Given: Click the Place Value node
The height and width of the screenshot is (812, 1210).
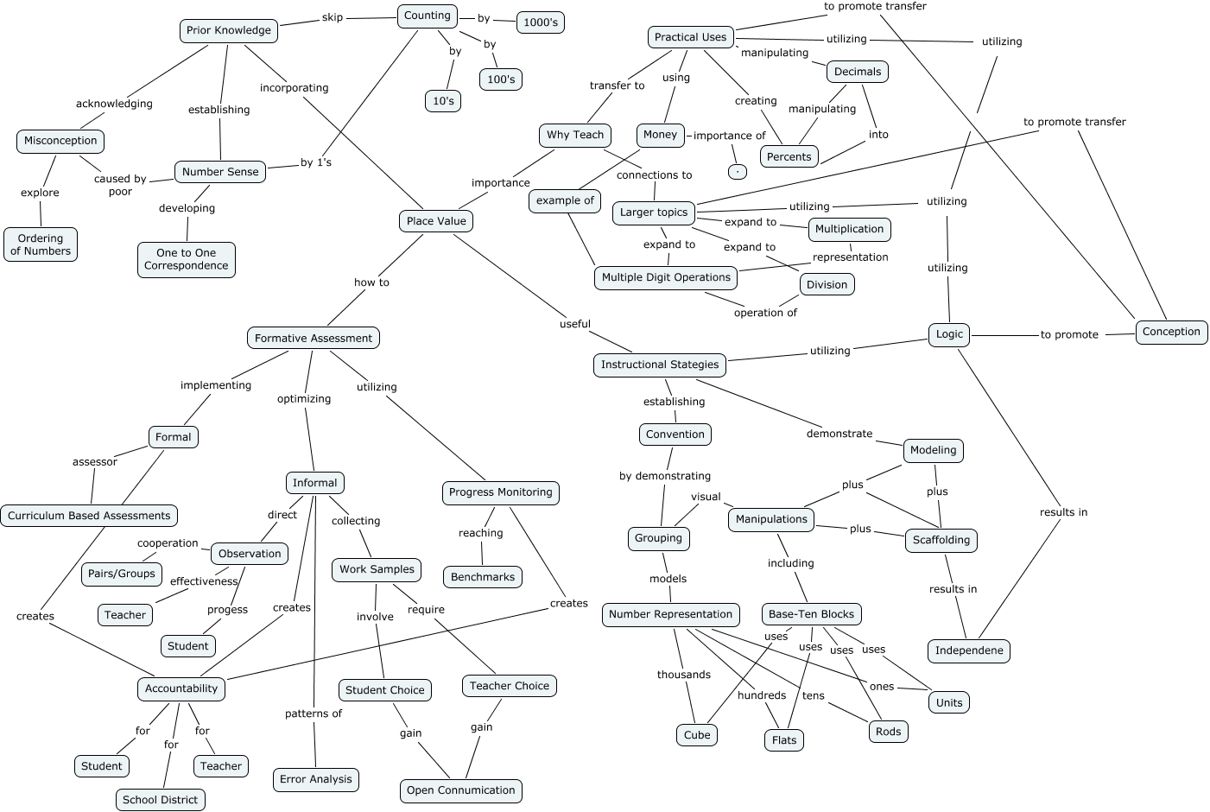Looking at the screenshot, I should pyautogui.click(x=436, y=221).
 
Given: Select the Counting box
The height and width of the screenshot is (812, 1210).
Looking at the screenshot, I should pyautogui.click(x=428, y=16).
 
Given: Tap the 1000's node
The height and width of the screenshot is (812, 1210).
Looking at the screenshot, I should pyautogui.click(x=541, y=22).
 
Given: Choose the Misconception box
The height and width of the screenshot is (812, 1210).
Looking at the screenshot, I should pyautogui.click(x=60, y=141).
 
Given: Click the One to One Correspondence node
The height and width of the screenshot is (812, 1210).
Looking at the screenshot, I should pyautogui.click(x=187, y=259).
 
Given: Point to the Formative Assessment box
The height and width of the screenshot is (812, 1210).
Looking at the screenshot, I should pyautogui.click(x=314, y=339).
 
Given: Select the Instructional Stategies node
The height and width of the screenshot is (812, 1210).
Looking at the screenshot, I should pyautogui.click(x=660, y=365).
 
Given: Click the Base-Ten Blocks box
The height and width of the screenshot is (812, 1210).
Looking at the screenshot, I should pyautogui.click(x=811, y=614).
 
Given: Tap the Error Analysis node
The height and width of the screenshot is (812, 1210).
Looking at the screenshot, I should pyautogui.click(x=316, y=779).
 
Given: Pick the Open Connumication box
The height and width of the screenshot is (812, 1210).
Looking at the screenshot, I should pyautogui.click(x=461, y=790).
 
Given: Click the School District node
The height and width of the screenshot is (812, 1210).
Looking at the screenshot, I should pyautogui.click(x=161, y=800).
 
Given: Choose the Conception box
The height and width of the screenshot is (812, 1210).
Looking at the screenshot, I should pyautogui.click(x=1171, y=332).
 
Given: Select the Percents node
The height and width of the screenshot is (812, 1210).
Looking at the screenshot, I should pyautogui.click(x=789, y=156).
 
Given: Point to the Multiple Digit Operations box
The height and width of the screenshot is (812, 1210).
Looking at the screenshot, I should pyautogui.click(x=666, y=277).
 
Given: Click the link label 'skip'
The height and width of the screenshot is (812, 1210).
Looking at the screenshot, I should pyautogui.click(x=333, y=17).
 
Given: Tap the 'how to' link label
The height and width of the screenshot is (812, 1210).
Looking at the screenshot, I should pyautogui.click(x=371, y=282).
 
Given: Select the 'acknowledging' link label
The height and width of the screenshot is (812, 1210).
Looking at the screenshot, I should pyautogui.click(x=114, y=104).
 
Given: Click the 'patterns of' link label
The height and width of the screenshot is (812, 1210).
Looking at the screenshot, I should pyautogui.click(x=314, y=714).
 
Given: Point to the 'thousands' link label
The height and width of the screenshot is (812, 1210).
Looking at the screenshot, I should pyautogui.click(x=684, y=675).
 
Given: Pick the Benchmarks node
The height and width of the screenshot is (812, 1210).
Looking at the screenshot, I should pyautogui.click(x=483, y=577).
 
